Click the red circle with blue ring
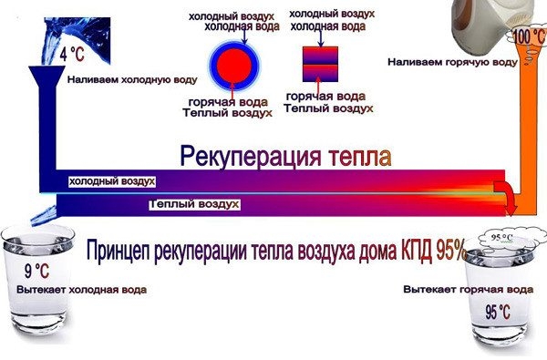[x=233, y=64]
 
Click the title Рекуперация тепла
[x=284, y=157]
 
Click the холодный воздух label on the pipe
[x=112, y=182]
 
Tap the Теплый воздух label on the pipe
[x=194, y=205]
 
